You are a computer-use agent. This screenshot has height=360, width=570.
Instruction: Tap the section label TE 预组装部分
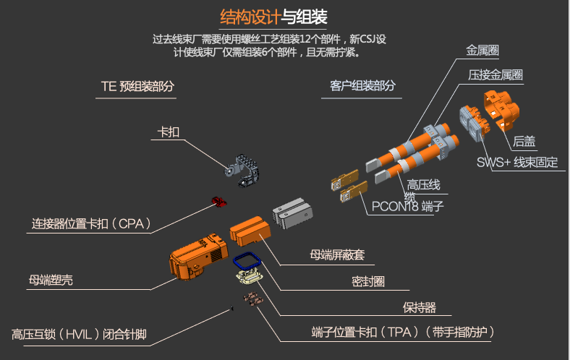coord(137,86)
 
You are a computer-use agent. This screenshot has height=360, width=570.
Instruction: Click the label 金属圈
coord(482,51)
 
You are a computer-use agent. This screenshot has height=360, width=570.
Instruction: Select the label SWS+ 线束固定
coord(517,162)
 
